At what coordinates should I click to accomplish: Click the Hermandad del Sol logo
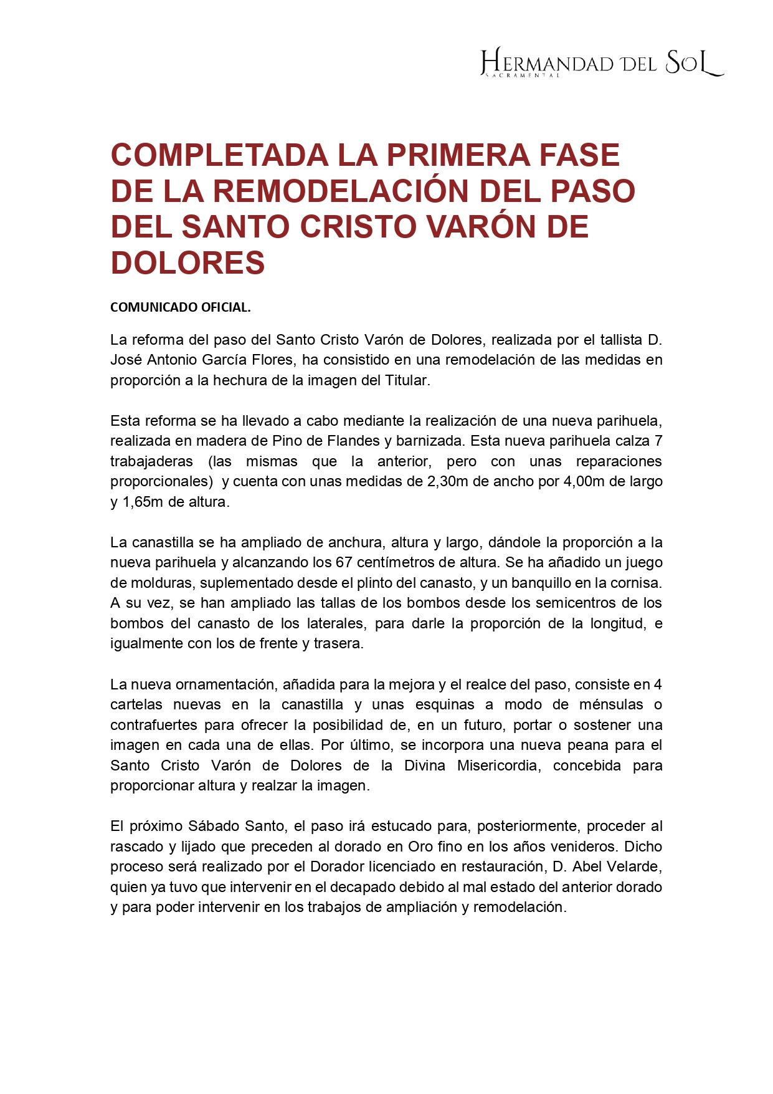coord(602,63)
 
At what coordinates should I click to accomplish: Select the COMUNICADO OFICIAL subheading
coord(180,307)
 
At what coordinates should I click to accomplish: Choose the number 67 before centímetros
coord(344,562)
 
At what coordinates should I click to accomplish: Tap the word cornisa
coord(639,583)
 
